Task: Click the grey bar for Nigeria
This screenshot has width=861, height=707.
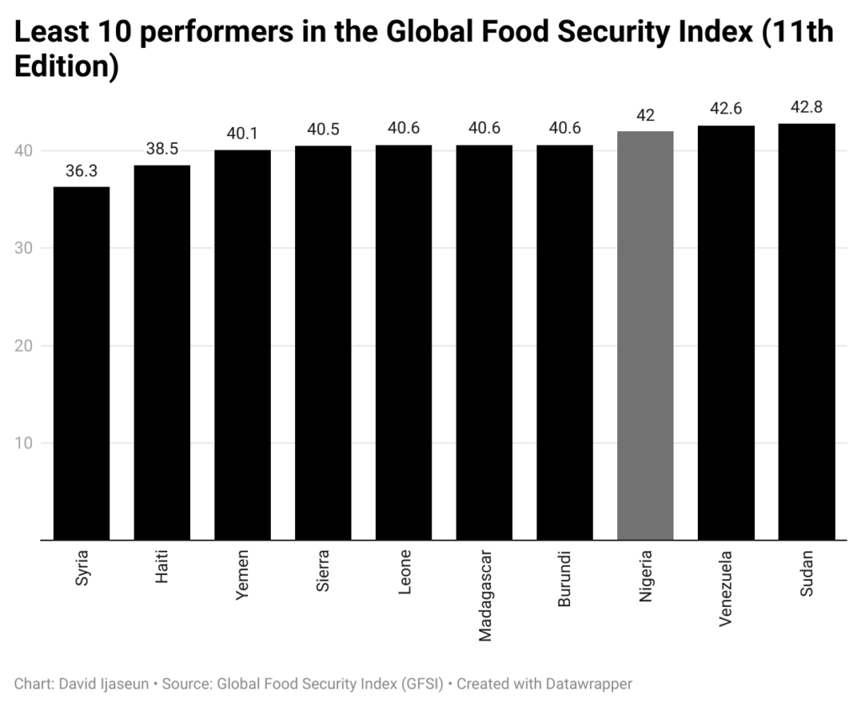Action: [645, 336]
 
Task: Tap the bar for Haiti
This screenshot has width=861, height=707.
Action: [161, 353]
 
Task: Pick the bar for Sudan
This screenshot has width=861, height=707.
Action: [806, 332]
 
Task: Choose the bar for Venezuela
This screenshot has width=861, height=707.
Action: [726, 333]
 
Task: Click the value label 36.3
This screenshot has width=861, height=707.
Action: [81, 171]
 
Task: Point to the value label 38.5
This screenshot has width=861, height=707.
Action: [161, 150]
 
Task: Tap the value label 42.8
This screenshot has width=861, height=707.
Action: [806, 108]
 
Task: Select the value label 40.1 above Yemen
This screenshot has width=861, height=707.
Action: [242, 134]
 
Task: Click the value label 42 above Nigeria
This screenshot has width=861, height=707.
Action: [645, 115]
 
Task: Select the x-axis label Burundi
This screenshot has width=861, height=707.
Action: [565, 579]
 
